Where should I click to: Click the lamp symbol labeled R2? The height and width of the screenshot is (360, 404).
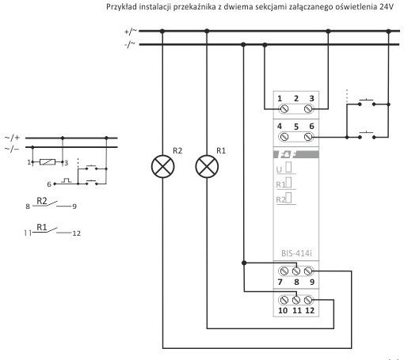coord(163,167)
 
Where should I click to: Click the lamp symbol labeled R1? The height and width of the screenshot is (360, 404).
coord(207,167)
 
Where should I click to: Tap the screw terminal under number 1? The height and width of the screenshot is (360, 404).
coord(284,108)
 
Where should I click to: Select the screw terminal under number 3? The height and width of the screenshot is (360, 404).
coord(308,108)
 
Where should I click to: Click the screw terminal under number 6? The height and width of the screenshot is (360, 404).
coord(308,137)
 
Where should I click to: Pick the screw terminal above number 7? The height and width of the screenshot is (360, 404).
coord(284,271)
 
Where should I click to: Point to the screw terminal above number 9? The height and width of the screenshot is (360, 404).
coord(308,271)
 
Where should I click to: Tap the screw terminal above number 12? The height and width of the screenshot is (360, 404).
coord(308,300)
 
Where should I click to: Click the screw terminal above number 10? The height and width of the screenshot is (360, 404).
coord(284,300)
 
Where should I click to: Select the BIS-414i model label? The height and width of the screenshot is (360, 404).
coord(296,253)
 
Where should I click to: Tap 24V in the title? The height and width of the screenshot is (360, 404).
coord(387,7)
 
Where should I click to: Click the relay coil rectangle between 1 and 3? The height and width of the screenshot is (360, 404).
coord(48,161)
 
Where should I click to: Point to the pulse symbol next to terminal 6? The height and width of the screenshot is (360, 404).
coord(66,180)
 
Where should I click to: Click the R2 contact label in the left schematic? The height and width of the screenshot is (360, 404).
coord(42,201)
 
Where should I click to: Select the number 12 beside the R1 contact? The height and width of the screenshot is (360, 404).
coord(76,233)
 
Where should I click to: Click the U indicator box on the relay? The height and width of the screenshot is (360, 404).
coord(288,168)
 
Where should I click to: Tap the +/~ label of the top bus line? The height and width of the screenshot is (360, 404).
coord(131,32)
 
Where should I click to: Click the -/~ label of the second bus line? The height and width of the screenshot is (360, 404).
coord(130,44)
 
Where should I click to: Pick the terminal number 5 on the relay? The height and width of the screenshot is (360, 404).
coord(296,127)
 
